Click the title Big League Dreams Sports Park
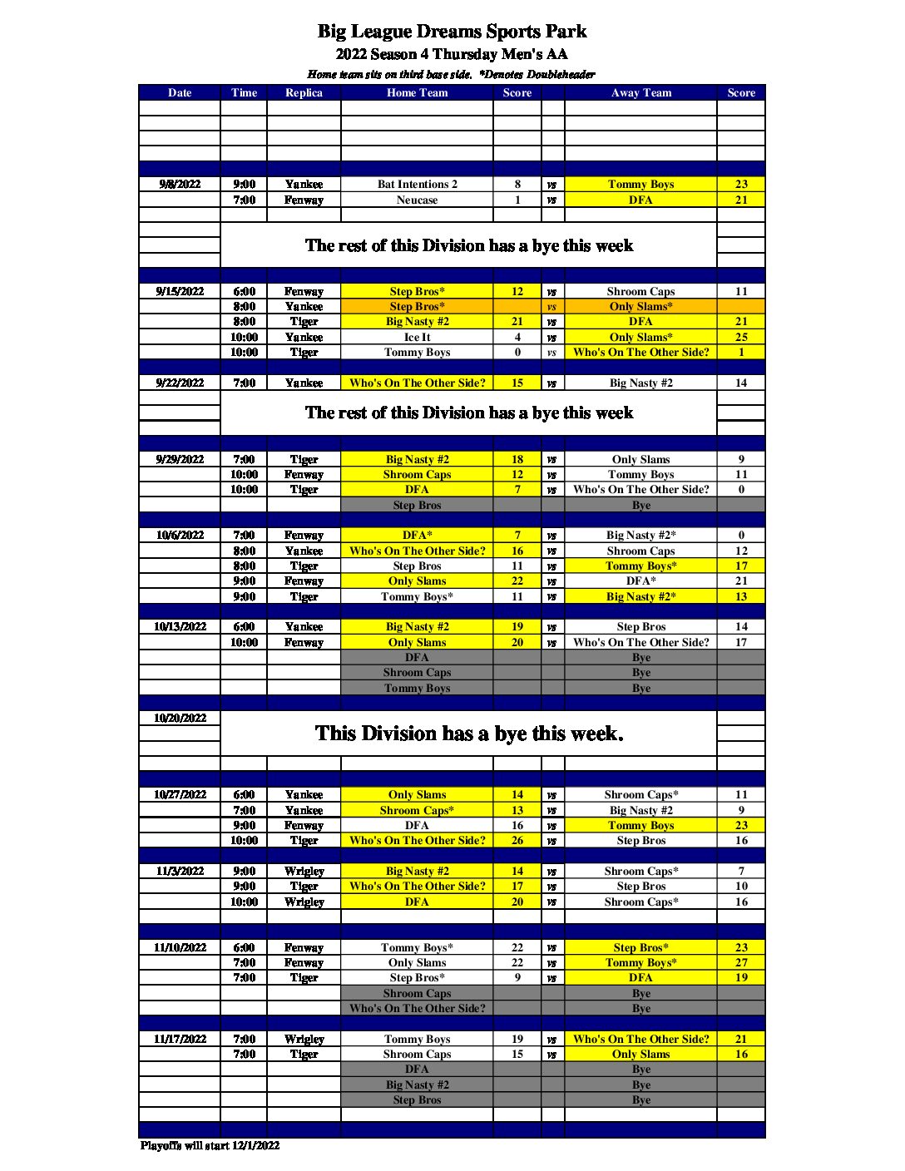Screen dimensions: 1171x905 point(452,32)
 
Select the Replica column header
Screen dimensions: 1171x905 point(304,93)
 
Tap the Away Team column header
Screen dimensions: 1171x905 point(640,93)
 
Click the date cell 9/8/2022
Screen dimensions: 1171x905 point(180,185)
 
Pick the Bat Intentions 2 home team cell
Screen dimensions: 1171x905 point(417,185)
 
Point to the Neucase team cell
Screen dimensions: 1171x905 point(417,200)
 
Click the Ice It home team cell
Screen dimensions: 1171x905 point(417,338)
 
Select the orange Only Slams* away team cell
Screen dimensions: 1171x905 point(640,307)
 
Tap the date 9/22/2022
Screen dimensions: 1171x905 point(180,383)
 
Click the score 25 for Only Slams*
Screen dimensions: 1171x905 point(741,338)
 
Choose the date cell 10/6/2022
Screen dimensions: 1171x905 point(180,536)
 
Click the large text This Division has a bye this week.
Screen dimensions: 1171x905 point(469,734)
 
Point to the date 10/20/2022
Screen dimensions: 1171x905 point(180,719)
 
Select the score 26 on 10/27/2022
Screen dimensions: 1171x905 point(517,841)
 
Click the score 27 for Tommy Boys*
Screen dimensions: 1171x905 point(741,963)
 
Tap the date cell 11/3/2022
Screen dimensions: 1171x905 point(180,872)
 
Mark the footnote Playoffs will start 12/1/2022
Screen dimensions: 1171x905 point(210,1146)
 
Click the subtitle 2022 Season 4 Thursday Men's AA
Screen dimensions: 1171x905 point(452,55)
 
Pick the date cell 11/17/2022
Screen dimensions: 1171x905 point(180,1040)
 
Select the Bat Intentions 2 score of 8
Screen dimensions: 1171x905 point(517,185)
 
